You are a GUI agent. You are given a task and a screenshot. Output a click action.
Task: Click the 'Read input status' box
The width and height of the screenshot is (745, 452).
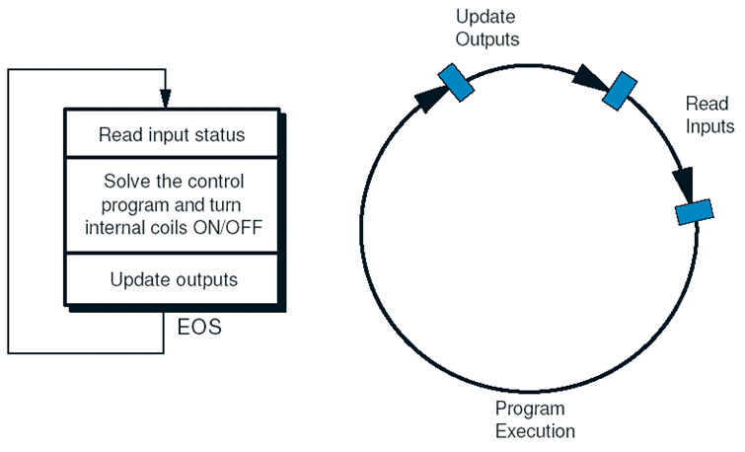172,133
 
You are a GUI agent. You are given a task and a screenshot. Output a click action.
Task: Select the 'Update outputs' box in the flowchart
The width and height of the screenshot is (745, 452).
172,279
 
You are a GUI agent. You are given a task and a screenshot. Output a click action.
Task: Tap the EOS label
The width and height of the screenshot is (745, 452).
199,327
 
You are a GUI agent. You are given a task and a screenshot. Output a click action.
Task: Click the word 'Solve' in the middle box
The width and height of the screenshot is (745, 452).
123,181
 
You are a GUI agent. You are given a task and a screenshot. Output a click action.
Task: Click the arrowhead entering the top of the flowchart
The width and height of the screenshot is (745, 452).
165,99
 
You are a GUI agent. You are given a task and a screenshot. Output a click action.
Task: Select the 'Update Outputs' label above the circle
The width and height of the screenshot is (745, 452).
487,28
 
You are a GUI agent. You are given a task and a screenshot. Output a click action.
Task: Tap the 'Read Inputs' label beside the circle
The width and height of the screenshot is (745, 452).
709,115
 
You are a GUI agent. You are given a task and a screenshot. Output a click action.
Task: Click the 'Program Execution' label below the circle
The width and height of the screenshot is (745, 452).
535,419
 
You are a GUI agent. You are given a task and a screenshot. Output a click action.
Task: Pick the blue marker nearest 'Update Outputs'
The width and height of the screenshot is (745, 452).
456,83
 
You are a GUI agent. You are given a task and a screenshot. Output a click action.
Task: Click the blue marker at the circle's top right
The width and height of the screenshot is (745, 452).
620,91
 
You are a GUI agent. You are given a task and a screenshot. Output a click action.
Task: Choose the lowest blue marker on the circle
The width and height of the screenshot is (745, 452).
695,212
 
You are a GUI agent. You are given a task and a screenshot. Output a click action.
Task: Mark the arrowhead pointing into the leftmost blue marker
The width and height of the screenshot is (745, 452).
430,99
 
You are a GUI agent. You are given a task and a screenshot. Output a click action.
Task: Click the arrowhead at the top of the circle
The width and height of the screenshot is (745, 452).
588,77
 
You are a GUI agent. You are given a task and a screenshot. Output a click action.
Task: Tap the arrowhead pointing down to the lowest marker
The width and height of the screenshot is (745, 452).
684,184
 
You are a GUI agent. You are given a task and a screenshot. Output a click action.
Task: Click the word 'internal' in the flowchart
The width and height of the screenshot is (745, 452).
113,228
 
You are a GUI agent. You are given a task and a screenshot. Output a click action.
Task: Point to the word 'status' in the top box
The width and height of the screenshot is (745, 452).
222,134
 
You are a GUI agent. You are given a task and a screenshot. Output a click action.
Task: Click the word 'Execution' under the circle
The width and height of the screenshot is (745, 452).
535,431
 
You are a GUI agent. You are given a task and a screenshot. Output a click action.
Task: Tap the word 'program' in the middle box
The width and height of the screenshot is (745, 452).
136,206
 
